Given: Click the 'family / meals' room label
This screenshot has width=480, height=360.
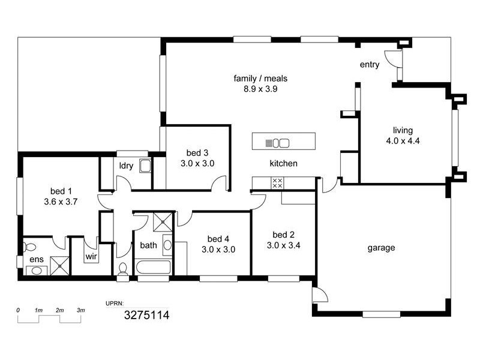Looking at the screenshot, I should (260, 79).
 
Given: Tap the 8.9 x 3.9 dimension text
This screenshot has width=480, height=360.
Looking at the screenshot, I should (260, 89).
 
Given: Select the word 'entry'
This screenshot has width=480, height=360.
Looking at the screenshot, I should (370, 65).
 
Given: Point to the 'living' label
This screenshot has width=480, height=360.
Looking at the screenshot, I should (403, 130).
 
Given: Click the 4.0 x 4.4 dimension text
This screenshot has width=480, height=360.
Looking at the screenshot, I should (403, 141).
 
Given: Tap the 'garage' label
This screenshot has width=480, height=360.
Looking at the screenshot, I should (381, 247).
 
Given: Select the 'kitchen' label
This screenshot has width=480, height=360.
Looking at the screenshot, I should (283, 163).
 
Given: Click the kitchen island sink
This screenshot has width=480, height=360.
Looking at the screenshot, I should (280, 143).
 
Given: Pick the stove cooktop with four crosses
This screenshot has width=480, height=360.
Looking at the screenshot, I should (277, 183).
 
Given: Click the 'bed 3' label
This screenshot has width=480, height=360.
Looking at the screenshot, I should (197, 152).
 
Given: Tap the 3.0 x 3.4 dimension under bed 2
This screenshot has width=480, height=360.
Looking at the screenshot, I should (283, 245).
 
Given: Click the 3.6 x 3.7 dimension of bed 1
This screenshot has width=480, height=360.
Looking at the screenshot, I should (61, 202).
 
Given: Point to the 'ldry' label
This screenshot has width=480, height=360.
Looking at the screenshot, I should (126, 166).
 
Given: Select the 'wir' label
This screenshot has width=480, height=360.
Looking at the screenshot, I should (91, 256).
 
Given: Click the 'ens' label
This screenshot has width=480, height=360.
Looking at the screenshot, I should (36, 260).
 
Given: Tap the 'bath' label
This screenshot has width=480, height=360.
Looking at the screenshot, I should (148, 245).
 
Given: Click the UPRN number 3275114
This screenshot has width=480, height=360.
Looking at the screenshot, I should (146, 314).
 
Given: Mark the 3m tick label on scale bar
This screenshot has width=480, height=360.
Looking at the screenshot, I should (80, 310).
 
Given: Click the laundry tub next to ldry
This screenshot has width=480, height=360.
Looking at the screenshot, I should (145, 166).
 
